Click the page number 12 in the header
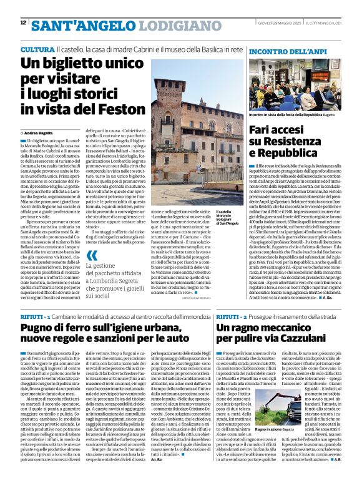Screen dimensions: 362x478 (23, 23)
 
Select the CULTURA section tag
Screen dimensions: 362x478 (37, 49)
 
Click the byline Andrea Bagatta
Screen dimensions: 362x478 (40, 133)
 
